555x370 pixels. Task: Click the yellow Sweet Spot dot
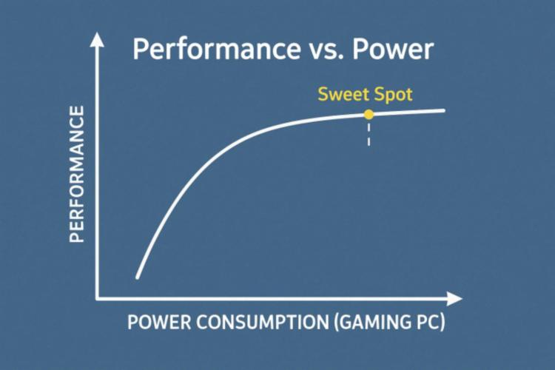pos(369,115)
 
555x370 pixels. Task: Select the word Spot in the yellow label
pos(393,95)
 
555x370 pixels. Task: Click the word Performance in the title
pos(217,49)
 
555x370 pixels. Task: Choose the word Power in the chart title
pos(393,50)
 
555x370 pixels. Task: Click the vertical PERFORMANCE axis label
pos(77,174)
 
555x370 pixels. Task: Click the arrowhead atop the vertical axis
pos(97,39)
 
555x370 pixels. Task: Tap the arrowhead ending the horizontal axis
pos(455,299)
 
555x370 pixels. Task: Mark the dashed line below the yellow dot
pos(369,134)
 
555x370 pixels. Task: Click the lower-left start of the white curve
pos(138,277)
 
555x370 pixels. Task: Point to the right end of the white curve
pos(443,111)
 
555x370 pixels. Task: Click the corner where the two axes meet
pos(97,299)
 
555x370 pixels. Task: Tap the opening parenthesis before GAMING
pos(336,322)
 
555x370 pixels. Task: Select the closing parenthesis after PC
pos(442,322)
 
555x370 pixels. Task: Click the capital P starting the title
pos(140,50)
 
